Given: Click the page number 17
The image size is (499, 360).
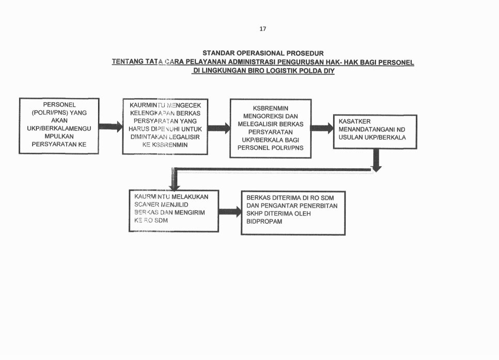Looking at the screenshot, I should coord(262,29).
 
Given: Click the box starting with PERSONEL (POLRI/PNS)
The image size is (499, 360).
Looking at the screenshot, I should coord(58,126).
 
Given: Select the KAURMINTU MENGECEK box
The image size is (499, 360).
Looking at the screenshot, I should coord(165,127).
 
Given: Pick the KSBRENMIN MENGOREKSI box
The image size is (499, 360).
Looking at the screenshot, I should coord(270,128).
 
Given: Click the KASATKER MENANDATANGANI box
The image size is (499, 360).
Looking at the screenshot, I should coord(375,131).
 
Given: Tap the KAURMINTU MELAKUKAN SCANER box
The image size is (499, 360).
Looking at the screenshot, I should coord(174,210).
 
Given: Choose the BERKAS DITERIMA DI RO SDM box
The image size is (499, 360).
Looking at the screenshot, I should coord(293,212).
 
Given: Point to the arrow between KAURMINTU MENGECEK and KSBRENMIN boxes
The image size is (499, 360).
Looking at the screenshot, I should coord(219,128).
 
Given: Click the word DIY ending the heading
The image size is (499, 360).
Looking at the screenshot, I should coord(329,71).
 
